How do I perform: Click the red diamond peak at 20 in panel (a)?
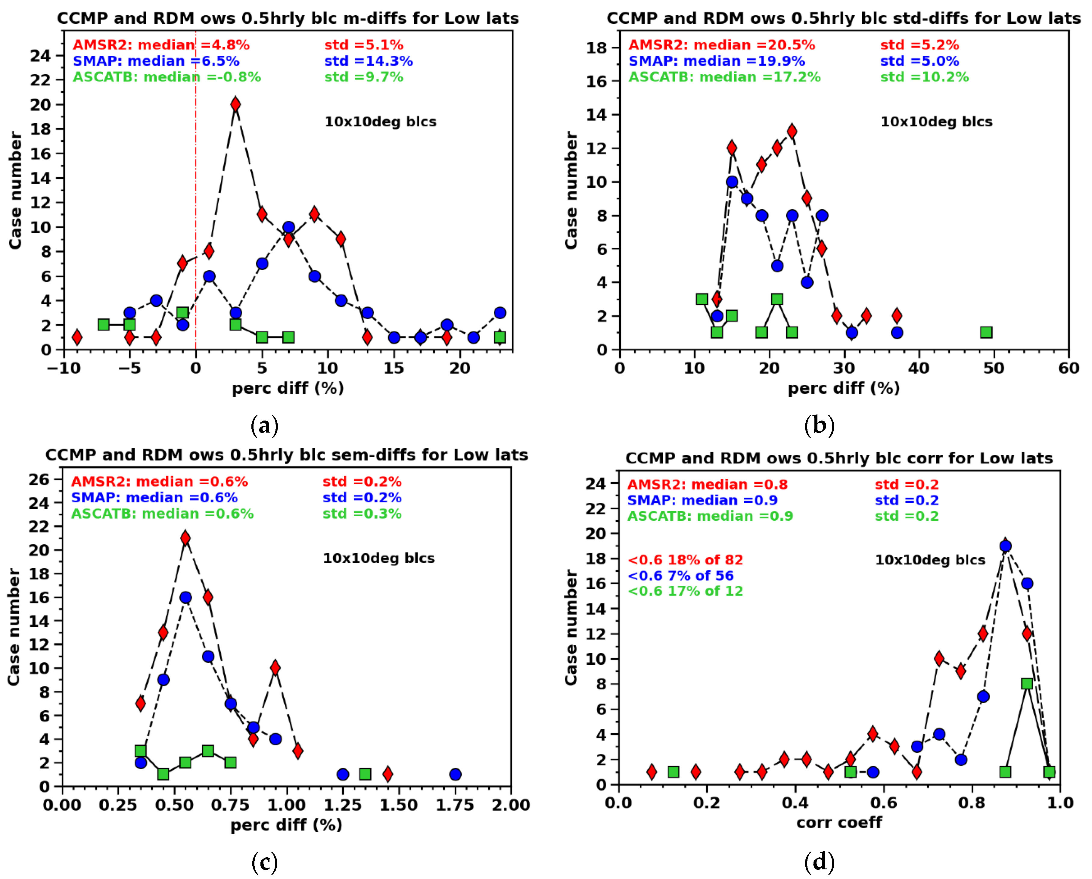pyautogui.click(x=235, y=104)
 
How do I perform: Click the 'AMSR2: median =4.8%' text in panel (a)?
pyautogui.click(x=161, y=45)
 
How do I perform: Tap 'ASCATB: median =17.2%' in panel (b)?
pyautogui.click(x=725, y=77)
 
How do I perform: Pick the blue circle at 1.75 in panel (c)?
pyautogui.click(x=455, y=774)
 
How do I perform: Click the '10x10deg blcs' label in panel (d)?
pyautogui.click(x=930, y=560)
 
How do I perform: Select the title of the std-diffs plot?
pyautogui.click(x=843, y=19)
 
